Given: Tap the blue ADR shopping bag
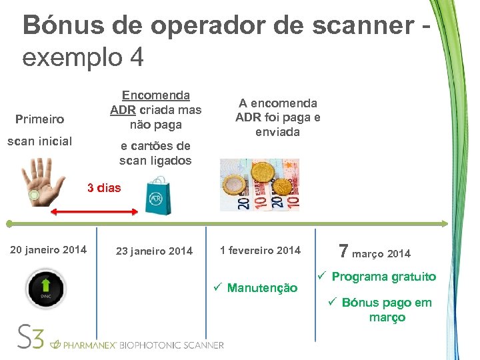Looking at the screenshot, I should point(157,195).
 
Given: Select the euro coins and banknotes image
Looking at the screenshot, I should point(259,185).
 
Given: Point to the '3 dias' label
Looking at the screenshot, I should point(104,188).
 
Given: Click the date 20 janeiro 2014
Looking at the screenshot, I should point(48,250).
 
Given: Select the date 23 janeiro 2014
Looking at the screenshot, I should point(154,251).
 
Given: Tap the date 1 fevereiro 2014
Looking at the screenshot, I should point(260,251).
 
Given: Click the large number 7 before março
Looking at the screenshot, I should point(344,251).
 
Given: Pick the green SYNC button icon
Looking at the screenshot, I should point(45,288).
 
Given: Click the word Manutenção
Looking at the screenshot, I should point(262,288).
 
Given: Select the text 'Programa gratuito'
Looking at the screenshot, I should point(383,277).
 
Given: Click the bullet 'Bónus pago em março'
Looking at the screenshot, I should point(386,310).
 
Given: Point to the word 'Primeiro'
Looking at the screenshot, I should point(39,119).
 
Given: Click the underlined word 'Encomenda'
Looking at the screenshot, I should point(155,96).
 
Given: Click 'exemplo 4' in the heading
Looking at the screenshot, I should point(83,57).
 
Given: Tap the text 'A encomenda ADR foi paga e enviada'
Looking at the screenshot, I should point(277,117).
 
